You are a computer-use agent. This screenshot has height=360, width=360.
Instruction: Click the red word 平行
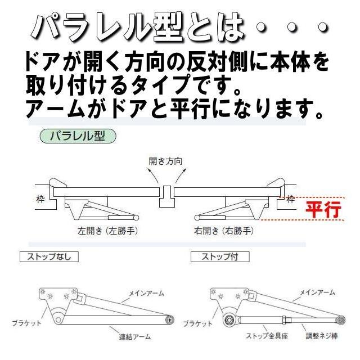323,210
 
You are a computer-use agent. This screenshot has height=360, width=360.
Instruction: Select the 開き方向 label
165,161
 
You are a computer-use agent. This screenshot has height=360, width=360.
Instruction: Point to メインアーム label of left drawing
147,292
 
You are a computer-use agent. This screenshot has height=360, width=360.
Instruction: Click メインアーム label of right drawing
317,292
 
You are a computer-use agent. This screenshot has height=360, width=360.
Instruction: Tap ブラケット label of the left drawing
26,323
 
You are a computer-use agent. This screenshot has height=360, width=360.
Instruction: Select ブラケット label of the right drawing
198,323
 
